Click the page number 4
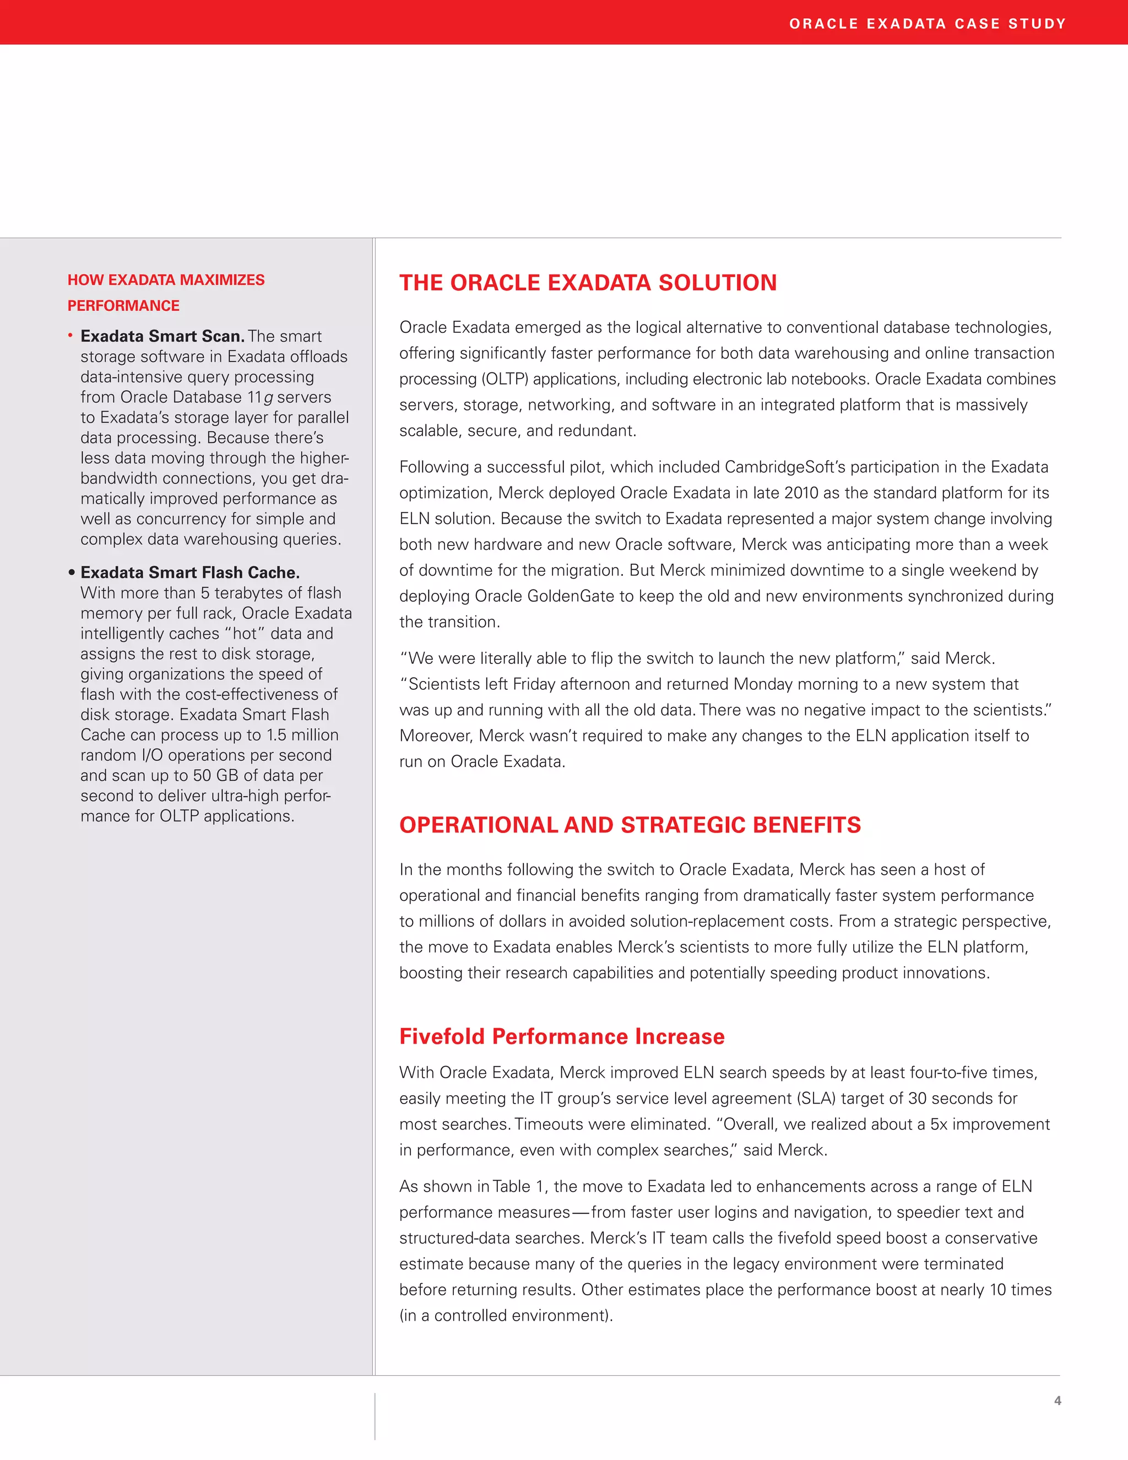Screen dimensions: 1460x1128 tap(1057, 1400)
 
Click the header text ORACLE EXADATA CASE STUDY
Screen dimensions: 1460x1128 tap(927, 24)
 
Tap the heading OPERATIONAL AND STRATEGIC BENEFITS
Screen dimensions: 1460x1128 tap(630, 825)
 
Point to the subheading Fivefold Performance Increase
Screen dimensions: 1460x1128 tap(561, 1036)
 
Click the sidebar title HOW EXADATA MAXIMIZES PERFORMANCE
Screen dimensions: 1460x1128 tap(166, 292)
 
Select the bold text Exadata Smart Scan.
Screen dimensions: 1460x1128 tap(162, 336)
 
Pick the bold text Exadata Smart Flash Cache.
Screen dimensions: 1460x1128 tap(190, 573)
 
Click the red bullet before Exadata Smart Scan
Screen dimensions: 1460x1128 tap(70, 335)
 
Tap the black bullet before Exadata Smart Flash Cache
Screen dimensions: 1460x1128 tap(72, 572)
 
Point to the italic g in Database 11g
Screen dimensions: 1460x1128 tap(269, 398)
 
